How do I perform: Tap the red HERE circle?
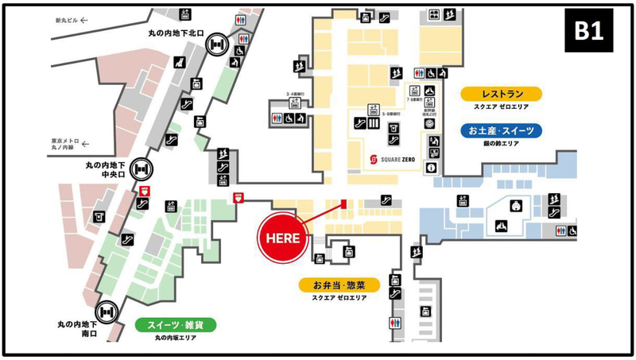point(281,237)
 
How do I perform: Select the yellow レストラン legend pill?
point(501,94)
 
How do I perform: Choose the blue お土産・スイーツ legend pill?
point(501,130)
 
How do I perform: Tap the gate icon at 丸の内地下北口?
point(215,45)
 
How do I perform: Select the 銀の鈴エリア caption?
point(501,143)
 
